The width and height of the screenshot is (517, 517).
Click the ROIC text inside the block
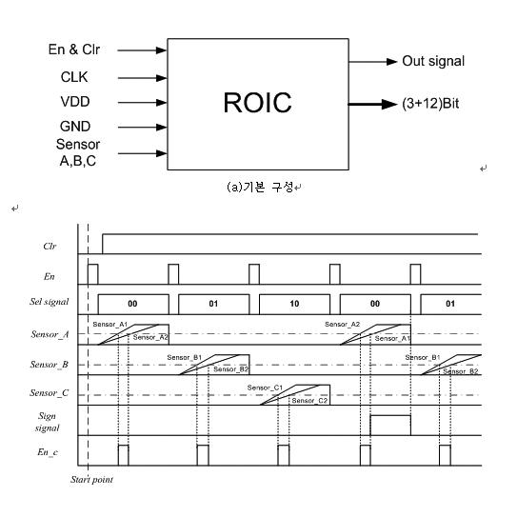257,103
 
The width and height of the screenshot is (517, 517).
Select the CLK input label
74,77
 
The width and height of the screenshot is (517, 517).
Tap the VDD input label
75,102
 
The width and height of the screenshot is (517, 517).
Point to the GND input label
75,127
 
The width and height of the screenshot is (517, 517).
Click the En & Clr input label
74,50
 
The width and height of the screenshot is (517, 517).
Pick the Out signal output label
433,61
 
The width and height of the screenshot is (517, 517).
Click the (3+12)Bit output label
430,104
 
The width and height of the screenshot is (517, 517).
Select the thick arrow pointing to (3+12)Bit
373,104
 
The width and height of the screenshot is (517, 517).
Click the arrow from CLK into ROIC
143,78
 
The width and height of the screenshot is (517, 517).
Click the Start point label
91,480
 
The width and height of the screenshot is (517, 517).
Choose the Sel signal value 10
294,304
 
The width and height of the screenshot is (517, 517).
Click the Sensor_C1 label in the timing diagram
265,388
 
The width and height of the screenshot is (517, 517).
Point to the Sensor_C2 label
309,401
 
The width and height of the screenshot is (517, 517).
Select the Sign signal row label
47,422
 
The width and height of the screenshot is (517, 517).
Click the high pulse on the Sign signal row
390,416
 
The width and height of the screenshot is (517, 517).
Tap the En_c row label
48,452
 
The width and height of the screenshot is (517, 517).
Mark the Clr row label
50,247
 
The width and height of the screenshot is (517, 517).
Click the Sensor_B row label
50,365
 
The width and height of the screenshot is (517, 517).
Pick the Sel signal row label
50,302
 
